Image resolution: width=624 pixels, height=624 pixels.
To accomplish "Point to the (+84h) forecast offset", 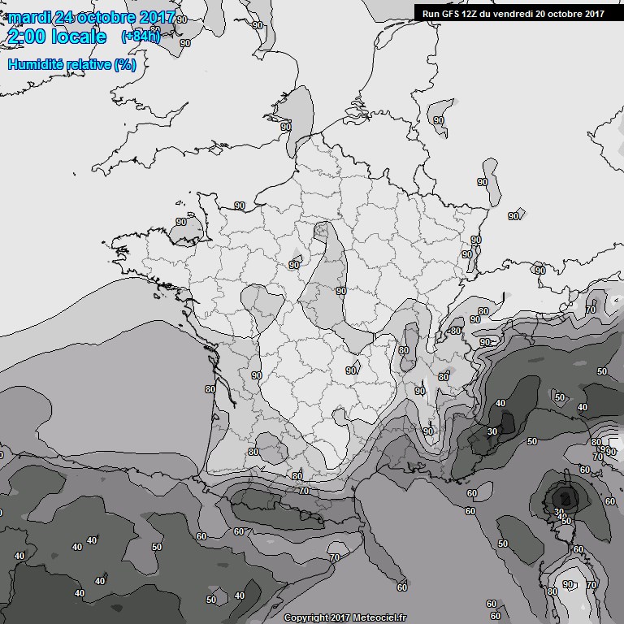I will tap(140, 37).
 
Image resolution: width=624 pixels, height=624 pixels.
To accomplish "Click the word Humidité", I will tap(35, 63).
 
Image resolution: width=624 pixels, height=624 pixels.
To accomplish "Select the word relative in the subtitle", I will tap(88, 63).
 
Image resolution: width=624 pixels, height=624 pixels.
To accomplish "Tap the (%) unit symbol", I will tap(124, 63).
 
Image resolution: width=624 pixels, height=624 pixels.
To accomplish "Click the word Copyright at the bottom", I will tap(308, 617).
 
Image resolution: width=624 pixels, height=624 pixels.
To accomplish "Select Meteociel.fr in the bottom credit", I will tap(378, 617).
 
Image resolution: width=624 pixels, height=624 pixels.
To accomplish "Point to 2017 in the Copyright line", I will tap(342, 617).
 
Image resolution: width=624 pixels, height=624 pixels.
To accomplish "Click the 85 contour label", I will tap(444, 377).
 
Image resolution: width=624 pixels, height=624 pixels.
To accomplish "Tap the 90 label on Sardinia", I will tap(568, 585).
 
